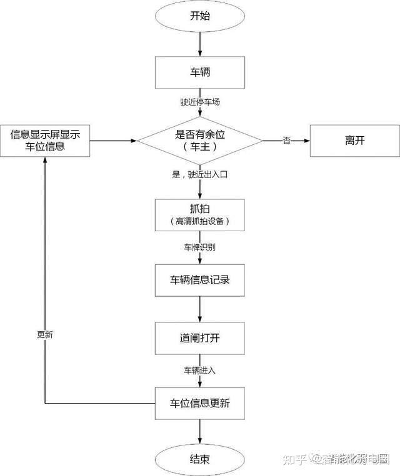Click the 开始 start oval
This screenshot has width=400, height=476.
(200, 16)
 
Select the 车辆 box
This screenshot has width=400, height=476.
(200, 72)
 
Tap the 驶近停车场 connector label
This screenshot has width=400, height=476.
(200, 102)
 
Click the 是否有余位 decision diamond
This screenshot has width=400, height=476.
(200, 141)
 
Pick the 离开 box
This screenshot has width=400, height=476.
(355, 141)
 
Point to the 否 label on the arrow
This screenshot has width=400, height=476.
(287, 141)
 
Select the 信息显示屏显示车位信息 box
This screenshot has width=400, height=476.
(45, 141)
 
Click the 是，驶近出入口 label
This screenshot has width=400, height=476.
(200, 174)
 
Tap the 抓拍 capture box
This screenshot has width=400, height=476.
(200, 215)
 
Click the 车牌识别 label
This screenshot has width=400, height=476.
(200, 247)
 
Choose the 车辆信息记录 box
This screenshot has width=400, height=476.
(200, 280)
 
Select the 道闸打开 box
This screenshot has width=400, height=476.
(200, 338)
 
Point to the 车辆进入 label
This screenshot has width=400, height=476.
(200, 370)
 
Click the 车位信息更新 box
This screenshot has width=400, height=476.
(200, 404)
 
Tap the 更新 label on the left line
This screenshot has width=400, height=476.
(45, 335)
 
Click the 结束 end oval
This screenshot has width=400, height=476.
(200, 460)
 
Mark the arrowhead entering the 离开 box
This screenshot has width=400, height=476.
(307, 141)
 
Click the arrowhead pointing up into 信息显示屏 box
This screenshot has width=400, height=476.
(45, 160)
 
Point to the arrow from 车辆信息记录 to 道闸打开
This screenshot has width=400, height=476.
(200, 309)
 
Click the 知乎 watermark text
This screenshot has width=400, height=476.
(294, 459)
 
